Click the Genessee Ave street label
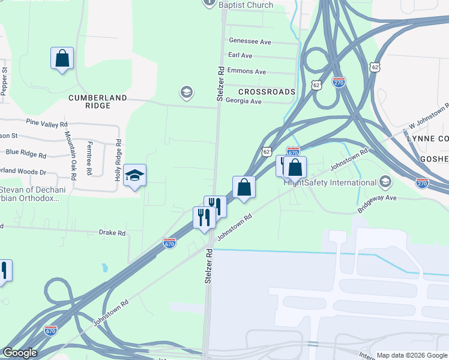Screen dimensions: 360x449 [250, 42]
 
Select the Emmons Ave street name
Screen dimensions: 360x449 [247, 71]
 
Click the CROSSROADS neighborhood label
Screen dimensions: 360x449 [267, 92]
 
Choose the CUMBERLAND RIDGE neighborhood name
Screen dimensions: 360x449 [98, 101]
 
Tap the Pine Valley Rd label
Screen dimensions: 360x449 [46, 124]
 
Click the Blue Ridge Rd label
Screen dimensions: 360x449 [26, 154]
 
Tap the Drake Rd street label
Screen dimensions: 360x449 [112, 233]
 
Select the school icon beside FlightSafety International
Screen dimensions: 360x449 [385, 182]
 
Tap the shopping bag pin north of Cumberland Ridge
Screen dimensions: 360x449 [62, 58]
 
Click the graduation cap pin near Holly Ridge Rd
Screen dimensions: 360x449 [135, 175]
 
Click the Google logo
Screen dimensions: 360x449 [20, 353]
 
